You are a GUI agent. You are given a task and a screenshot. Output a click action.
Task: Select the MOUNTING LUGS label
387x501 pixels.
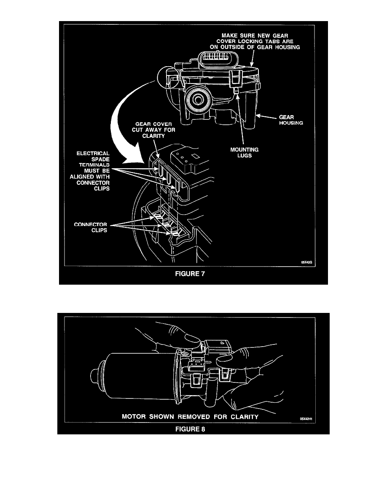click(x=247, y=152)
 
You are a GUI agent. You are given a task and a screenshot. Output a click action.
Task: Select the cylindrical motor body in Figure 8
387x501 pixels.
click(x=135, y=375)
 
